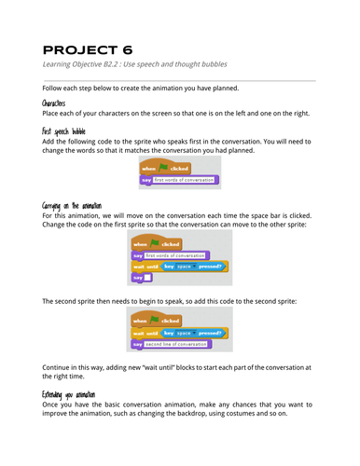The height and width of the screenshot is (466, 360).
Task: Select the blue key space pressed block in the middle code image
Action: [x=194, y=266]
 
